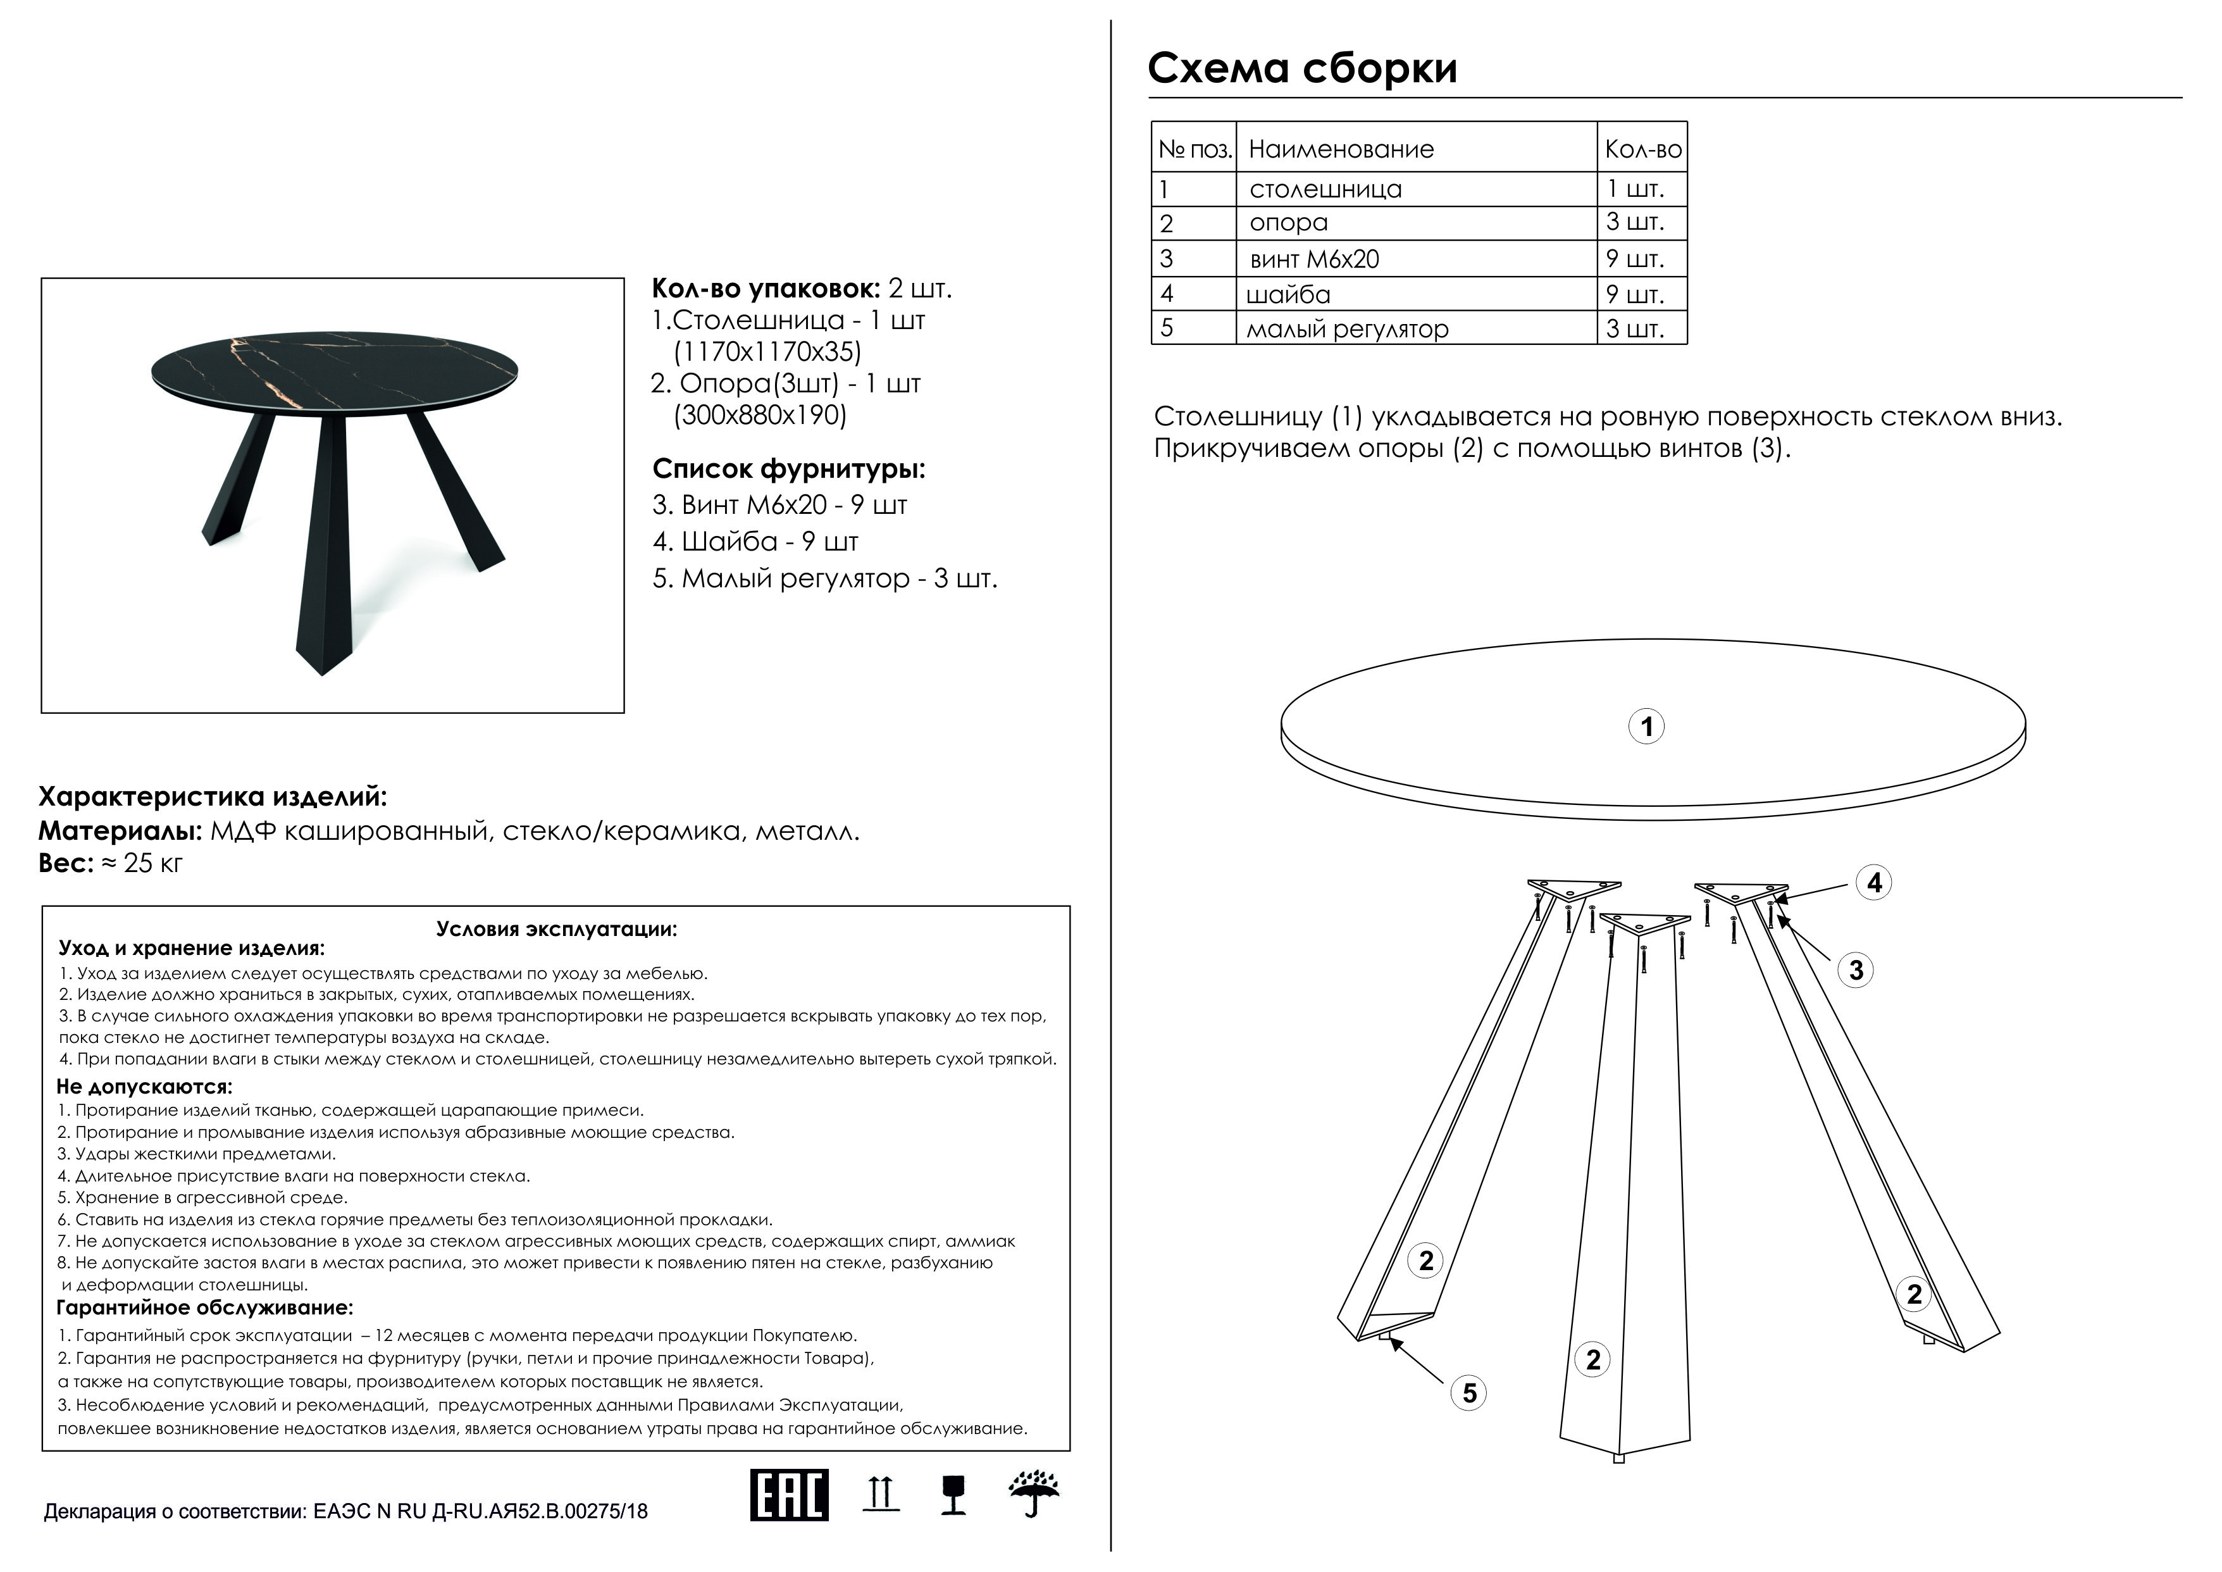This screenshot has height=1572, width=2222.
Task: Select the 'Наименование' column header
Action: tap(1341, 149)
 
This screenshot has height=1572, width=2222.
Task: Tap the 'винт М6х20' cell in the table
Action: tap(1314, 259)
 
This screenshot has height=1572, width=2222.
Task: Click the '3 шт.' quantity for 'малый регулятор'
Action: tap(1635, 329)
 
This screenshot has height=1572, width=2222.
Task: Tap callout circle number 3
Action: tap(1855, 970)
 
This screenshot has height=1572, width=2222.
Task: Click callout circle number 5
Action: tap(1469, 1393)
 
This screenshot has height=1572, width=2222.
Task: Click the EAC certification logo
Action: tap(789, 1495)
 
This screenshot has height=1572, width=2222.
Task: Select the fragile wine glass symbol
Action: tap(953, 1495)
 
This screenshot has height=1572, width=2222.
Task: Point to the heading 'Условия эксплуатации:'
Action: tap(557, 929)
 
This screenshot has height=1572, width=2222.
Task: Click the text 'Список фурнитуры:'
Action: tap(789, 470)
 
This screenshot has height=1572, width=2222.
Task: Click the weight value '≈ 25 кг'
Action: tap(141, 863)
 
